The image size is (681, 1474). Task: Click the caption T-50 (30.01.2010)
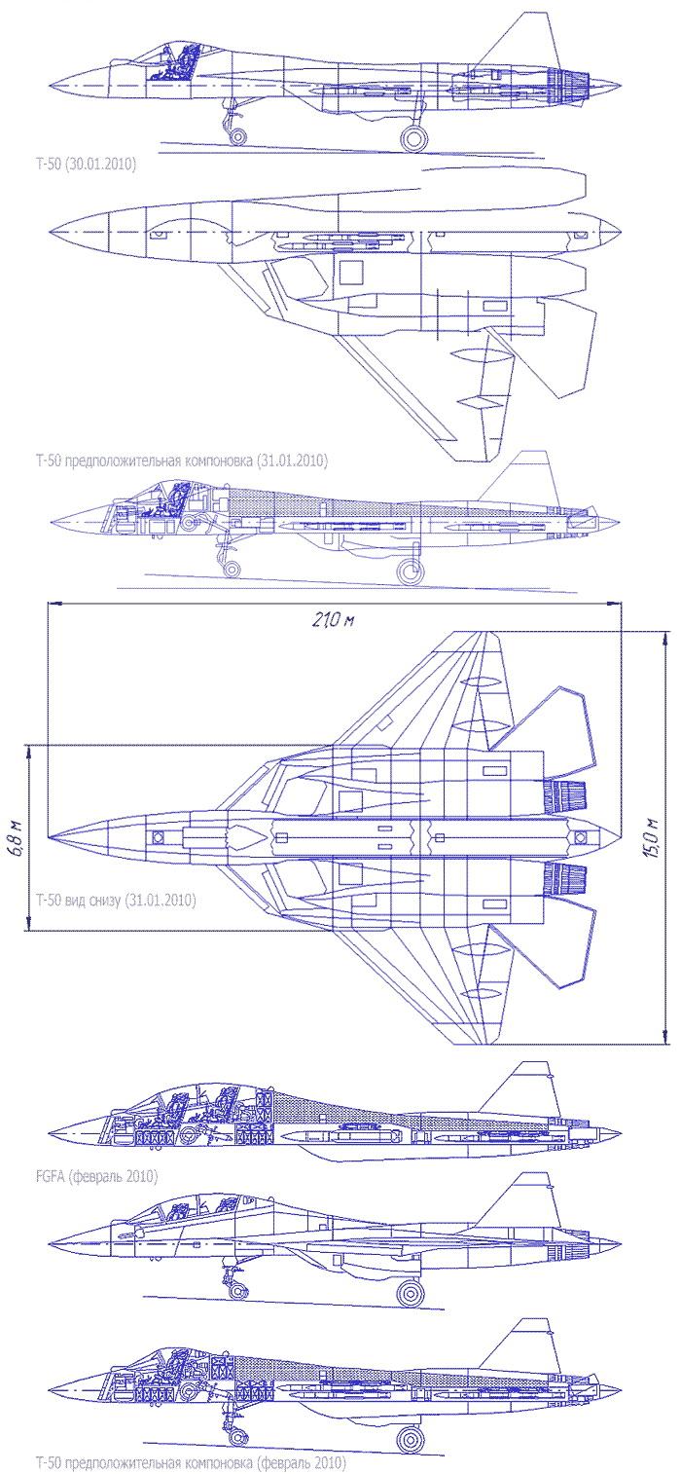click(85, 166)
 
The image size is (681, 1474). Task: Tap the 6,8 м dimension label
click(17, 838)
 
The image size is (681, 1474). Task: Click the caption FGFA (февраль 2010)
click(94, 1177)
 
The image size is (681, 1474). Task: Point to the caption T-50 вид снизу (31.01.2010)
click(115, 901)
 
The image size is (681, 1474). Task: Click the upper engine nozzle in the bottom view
click(569, 796)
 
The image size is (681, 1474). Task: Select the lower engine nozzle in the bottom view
click(569, 879)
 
